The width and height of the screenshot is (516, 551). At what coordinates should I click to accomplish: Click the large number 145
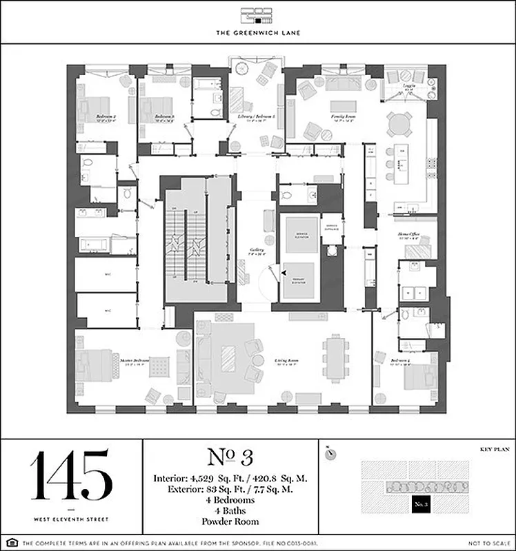[x=70, y=475]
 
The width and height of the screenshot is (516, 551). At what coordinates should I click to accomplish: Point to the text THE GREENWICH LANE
[x=257, y=32]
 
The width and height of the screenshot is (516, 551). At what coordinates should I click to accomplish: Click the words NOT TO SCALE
[x=490, y=543]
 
